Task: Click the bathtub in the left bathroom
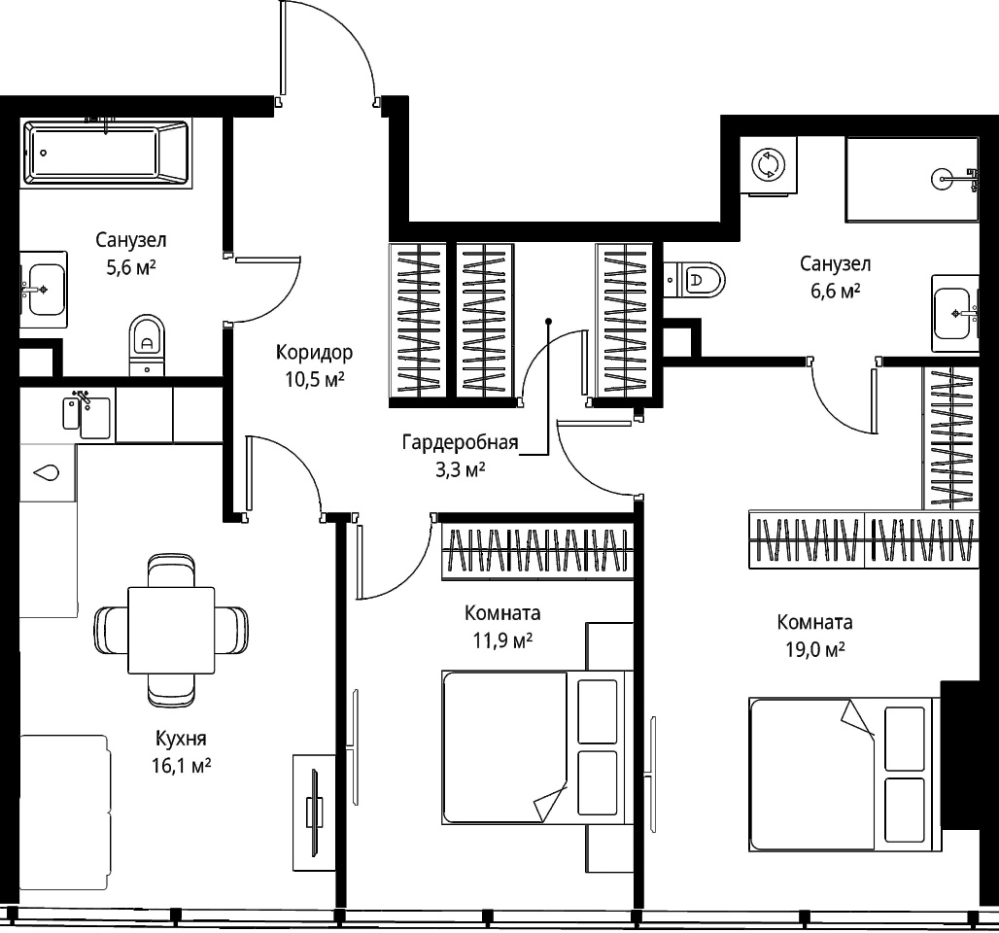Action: (106, 153)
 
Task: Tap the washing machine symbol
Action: (769, 165)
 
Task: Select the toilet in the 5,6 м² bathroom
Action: (147, 345)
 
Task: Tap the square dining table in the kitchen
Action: (171, 631)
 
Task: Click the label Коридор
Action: (314, 352)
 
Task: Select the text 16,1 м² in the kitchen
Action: (181, 765)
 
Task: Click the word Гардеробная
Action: (460, 442)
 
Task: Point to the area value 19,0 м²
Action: (815, 649)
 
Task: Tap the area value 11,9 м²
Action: (502, 639)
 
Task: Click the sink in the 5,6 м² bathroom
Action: (44, 290)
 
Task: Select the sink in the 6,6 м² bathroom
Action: (955, 314)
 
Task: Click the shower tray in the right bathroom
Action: (913, 179)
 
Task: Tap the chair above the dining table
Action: (171, 570)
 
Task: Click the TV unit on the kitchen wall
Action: (314, 812)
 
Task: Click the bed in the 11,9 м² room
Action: (537, 747)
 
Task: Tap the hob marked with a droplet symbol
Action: (49, 473)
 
